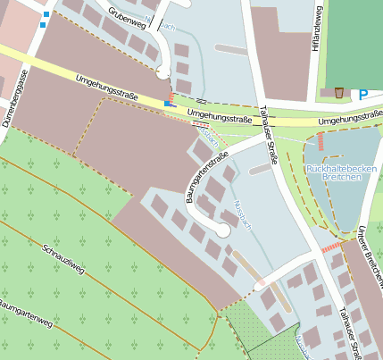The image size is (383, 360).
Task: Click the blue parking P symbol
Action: coord(363,94)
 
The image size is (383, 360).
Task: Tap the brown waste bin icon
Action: coord(340,92)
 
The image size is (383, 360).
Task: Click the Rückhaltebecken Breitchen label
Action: coord(333,172)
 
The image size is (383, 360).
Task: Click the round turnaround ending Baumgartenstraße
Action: coord(222,230)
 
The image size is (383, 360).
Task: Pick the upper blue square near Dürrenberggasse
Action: coord(46,15)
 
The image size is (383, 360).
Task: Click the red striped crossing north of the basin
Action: coord(321,141)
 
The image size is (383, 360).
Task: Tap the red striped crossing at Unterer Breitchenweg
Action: coord(331,246)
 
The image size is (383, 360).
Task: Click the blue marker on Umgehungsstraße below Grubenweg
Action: coord(166,104)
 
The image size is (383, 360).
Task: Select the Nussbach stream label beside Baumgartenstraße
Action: coord(242,214)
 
